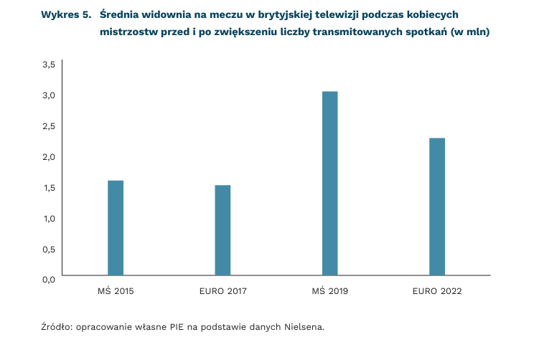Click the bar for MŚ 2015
click(x=116, y=228)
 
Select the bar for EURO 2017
click(x=222, y=230)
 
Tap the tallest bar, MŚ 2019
click(x=329, y=184)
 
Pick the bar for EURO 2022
click(x=437, y=207)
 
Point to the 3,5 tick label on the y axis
click(x=49, y=65)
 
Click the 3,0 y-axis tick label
click(x=49, y=95)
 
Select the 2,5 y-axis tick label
click(x=49, y=126)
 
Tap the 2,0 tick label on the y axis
click(x=49, y=157)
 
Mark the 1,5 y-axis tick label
click(x=49, y=188)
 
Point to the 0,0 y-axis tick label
click(x=49, y=279)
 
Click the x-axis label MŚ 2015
click(x=116, y=292)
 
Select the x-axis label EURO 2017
click(x=222, y=292)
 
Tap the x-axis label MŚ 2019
click(x=329, y=292)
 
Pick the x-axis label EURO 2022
click(x=437, y=292)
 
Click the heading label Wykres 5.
click(x=66, y=15)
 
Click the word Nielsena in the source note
click(x=304, y=327)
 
